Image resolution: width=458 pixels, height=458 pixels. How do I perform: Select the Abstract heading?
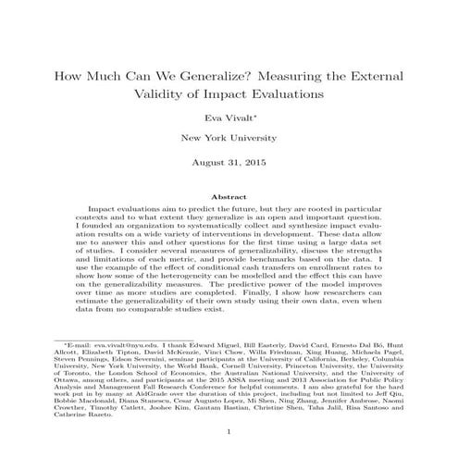click(229, 197)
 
